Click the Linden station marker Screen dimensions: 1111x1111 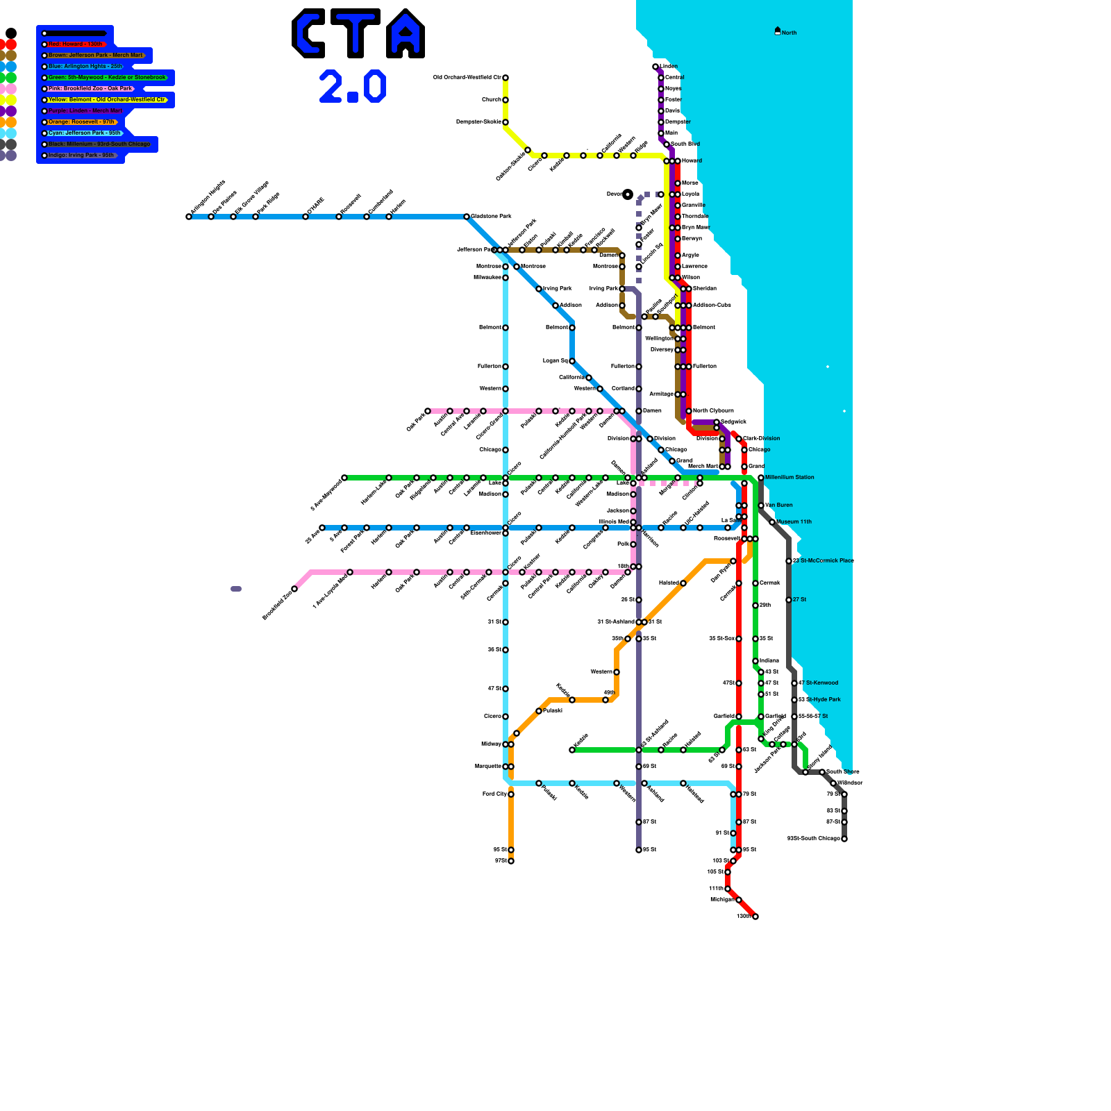(655, 67)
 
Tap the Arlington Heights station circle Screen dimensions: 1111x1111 (189, 217)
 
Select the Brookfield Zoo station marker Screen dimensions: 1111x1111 (294, 589)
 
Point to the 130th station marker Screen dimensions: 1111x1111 (755, 917)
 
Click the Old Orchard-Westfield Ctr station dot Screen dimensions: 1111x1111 (506, 78)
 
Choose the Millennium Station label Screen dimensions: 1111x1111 (790, 477)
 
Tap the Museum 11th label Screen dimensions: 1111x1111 (794, 521)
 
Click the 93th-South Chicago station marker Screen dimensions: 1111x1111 (844, 839)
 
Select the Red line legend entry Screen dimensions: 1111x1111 (75, 44)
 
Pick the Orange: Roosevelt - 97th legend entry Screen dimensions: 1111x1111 (81, 122)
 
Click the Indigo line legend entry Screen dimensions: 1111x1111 (81, 156)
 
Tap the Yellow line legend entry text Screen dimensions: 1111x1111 (106, 100)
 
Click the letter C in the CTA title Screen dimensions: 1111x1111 (308, 33)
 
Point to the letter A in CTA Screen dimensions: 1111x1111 (406, 33)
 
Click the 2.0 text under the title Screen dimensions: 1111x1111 (352, 87)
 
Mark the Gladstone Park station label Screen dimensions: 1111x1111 (491, 216)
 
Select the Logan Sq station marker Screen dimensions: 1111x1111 (572, 361)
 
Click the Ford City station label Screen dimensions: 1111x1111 (494, 794)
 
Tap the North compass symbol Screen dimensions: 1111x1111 (778, 31)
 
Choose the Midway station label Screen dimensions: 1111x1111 (491, 744)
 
